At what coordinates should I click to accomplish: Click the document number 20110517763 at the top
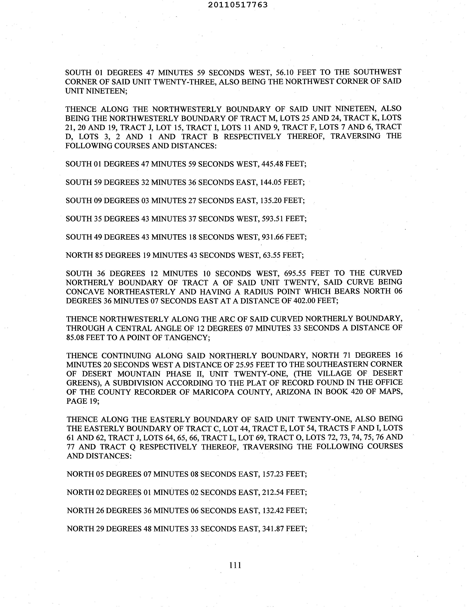tap(238, 5)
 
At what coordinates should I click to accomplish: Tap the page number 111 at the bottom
tap(235, 565)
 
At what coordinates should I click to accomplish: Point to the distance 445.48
tap(272, 164)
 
